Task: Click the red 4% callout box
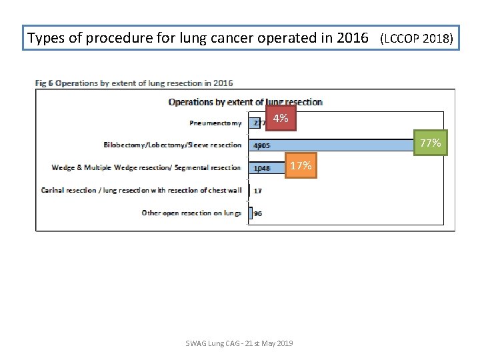(281, 119)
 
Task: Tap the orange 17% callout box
(301, 165)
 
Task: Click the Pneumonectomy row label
(215, 123)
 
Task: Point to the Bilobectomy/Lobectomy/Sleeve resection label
(173, 145)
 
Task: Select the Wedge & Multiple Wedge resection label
(146, 167)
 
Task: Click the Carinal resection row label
(141, 190)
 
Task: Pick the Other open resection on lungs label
(191, 213)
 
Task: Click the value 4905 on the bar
(260, 145)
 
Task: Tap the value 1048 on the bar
(261, 168)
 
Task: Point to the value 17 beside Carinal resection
(257, 191)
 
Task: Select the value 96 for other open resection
(257, 213)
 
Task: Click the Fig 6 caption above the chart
(134, 83)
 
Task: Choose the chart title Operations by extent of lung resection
(245, 102)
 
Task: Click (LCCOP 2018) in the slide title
(416, 39)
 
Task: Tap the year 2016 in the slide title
(353, 38)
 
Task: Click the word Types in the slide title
(45, 38)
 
